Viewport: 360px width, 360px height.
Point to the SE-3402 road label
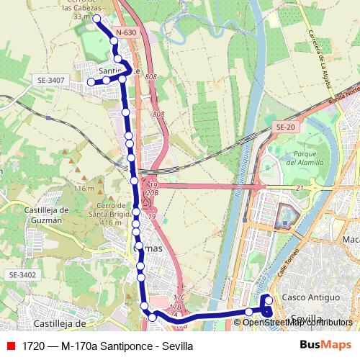pyautogui.click(x=23, y=275)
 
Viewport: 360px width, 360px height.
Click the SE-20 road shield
pyautogui.click(x=285, y=127)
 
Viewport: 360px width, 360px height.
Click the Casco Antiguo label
pyautogui.click(x=310, y=297)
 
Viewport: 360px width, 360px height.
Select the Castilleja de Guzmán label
pyautogui.click(x=36, y=215)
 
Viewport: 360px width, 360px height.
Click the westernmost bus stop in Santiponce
pyautogui.click(x=91, y=82)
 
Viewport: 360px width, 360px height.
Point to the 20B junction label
pyautogui.click(x=151, y=193)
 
